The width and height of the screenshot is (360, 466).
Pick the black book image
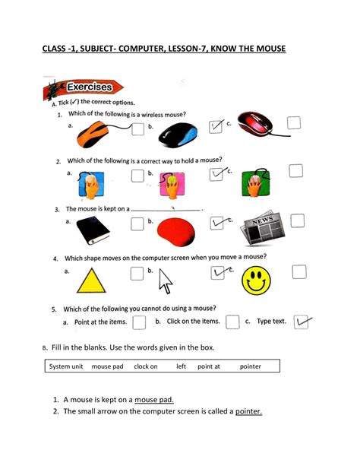click(x=99, y=227)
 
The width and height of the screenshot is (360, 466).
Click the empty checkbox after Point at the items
click(x=139, y=323)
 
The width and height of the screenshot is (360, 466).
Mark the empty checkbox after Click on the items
click(x=232, y=323)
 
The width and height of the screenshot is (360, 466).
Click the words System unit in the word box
click(x=66, y=366)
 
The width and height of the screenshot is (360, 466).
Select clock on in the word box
click(x=145, y=366)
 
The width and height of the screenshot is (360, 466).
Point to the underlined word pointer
click(x=248, y=412)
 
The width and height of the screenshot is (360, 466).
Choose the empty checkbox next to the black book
click(x=137, y=223)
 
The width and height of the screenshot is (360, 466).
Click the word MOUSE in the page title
click(x=265, y=50)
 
